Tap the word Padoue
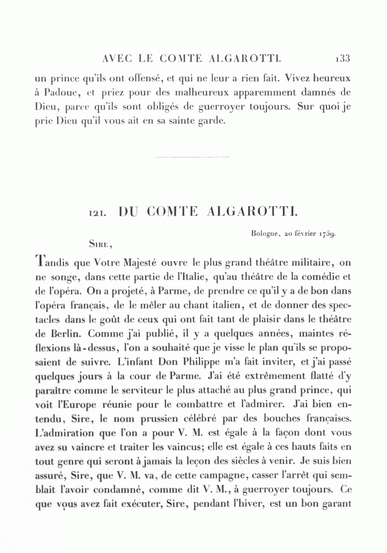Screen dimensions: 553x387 (61, 93)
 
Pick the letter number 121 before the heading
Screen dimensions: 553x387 (97, 213)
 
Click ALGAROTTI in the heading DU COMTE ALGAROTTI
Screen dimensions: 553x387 (252, 212)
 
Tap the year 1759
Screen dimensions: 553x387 (327, 235)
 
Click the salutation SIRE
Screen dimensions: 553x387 (100, 244)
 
